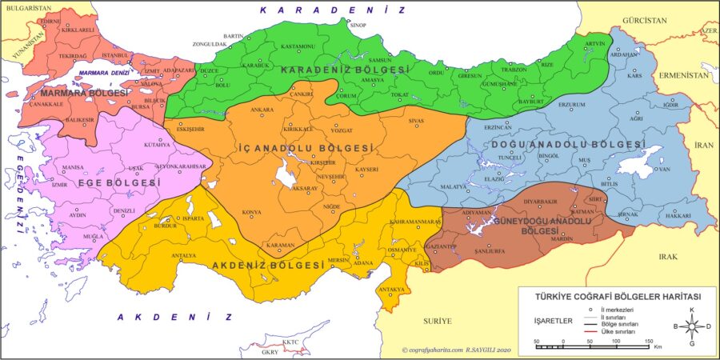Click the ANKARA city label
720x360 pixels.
pos(262,109)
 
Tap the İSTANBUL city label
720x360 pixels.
pos(115,54)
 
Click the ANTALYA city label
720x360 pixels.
pos(184,255)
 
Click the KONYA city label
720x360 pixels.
pos(252,212)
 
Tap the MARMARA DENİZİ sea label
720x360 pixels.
pos(104,74)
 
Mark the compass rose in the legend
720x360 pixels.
pos(692,326)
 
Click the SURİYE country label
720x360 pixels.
pos(438,321)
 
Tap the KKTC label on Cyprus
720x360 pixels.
pos(290,341)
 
